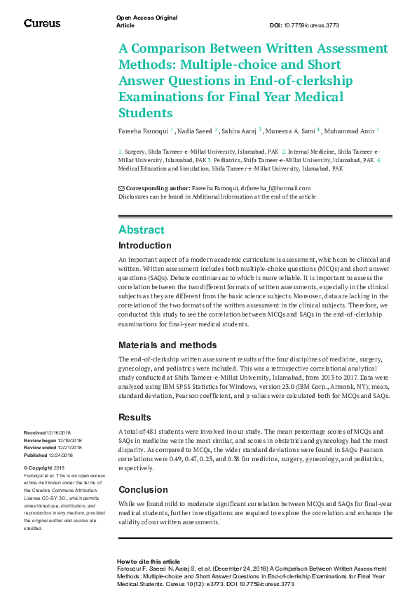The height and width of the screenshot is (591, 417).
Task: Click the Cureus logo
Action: pos(42,23)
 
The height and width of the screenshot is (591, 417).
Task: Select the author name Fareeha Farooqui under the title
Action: pos(143,131)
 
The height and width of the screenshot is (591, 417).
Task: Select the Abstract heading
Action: pos(142,230)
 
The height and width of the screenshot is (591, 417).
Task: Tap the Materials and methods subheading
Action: pos(168,345)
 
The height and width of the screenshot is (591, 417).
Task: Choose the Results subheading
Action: pos(135,418)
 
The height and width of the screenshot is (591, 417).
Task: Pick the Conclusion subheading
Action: pos(143,490)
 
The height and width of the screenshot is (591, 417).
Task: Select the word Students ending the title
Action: pos(145,112)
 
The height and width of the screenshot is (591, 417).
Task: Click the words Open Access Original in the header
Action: pos(146,18)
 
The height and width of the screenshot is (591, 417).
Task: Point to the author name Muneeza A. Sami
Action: pos(290,131)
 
